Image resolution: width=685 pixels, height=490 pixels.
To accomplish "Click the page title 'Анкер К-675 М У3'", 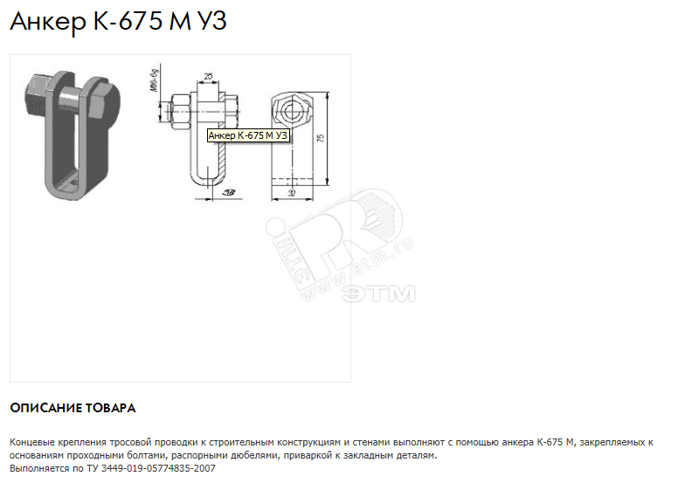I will point(118,22).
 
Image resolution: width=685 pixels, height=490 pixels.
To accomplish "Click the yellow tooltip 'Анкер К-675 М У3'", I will point(248,135).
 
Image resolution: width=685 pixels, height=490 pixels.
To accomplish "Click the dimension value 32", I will point(292,192).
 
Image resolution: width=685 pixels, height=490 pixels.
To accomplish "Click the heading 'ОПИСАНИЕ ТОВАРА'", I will point(73,408).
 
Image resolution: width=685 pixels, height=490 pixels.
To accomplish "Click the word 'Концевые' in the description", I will point(33,443).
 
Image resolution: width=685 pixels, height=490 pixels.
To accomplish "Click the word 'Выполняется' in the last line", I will point(37,468).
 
